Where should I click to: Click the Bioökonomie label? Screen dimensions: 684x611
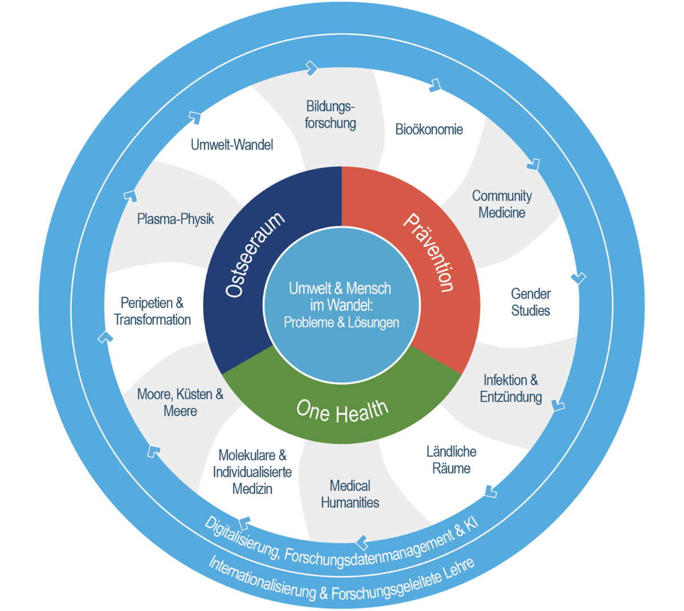(x=429, y=130)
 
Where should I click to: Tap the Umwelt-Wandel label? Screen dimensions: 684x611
(x=232, y=145)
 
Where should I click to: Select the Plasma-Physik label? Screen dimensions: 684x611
(x=176, y=219)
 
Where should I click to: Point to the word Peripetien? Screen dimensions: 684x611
(x=147, y=303)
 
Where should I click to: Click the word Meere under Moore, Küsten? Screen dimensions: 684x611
(x=180, y=411)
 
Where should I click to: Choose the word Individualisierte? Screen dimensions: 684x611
(x=252, y=472)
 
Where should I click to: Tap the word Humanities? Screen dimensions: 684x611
(x=350, y=503)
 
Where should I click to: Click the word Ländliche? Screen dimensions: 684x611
(x=451, y=451)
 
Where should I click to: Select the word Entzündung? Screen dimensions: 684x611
(x=511, y=397)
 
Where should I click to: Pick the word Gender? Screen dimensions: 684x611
(x=531, y=294)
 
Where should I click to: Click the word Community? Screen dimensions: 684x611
(x=502, y=196)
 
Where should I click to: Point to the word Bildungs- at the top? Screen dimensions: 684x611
(x=330, y=107)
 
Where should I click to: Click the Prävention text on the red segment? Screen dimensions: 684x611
(x=429, y=252)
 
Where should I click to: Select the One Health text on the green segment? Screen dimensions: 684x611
(x=343, y=411)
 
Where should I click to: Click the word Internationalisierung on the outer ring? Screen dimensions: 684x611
(x=261, y=580)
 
